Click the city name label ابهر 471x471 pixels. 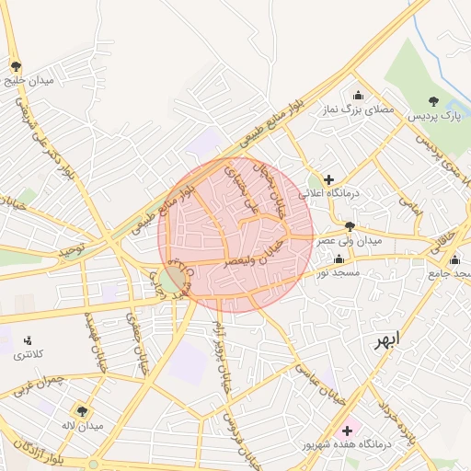click(x=386, y=340)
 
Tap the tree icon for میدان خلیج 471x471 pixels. click(x=16, y=66)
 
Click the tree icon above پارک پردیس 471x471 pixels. click(x=434, y=101)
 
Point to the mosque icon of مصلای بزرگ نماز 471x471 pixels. click(x=358, y=95)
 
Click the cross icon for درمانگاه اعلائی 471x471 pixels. click(x=328, y=178)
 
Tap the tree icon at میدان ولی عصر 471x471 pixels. click(x=349, y=225)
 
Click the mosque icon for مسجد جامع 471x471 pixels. click(x=454, y=259)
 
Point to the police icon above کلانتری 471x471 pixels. click(x=28, y=340)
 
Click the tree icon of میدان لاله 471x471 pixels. click(x=82, y=411)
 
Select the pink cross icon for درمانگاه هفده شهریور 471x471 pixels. click(x=347, y=431)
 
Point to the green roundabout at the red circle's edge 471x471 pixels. click(x=171, y=280)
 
